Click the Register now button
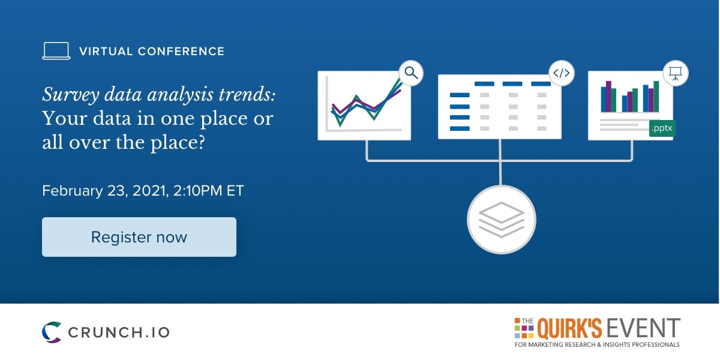(139, 237)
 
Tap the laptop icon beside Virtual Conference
(56, 51)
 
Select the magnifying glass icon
(411, 73)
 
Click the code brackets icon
(561, 73)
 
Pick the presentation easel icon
(676, 73)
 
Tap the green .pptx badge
(662, 128)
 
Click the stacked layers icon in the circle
(502, 220)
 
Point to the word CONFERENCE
(181, 52)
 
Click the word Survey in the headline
(71, 95)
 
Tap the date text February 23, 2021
(106, 191)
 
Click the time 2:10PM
(197, 191)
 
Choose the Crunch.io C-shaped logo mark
(52, 332)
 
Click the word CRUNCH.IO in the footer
(119, 332)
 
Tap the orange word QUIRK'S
(569, 328)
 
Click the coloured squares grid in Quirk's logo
(524, 328)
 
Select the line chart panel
(364, 106)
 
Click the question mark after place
(200, 142)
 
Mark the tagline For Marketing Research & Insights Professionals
(597, 345)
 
